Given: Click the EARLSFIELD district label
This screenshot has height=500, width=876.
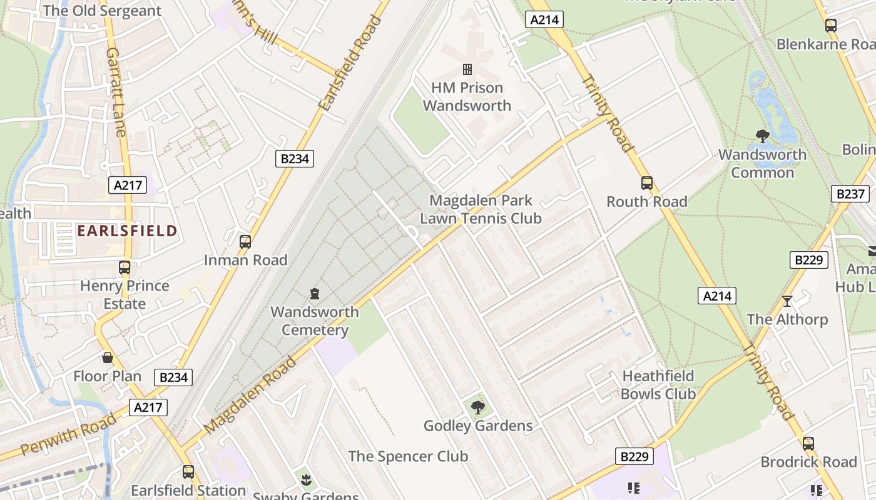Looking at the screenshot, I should point(127,231).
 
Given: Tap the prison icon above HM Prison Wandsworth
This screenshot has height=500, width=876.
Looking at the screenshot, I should point(467,69).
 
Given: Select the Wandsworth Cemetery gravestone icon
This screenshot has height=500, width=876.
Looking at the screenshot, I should point(314,292).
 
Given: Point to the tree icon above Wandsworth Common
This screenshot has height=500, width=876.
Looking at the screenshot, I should point(762,136).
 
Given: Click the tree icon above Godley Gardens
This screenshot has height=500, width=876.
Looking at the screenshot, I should point(478,407).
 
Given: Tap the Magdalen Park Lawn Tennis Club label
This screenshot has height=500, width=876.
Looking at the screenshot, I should point(481,209).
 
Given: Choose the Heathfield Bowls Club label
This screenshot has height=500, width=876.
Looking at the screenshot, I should point(658,385).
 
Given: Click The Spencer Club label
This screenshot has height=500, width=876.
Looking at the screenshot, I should point(408,456).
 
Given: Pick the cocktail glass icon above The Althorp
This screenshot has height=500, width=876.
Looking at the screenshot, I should point(787,301).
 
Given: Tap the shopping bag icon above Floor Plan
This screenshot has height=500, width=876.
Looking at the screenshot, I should point(108,357).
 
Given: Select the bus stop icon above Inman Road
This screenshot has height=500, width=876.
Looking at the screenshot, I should point(245,241).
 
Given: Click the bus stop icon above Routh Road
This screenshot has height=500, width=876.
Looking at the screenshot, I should point(647,183).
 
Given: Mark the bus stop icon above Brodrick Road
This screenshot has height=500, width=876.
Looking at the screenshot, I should point(808,444).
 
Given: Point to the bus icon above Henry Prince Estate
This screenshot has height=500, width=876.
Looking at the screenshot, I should point(125,267).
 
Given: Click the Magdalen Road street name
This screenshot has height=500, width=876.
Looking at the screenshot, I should point(250,395).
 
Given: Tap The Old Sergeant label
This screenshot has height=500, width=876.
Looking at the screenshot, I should point(102,11).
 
